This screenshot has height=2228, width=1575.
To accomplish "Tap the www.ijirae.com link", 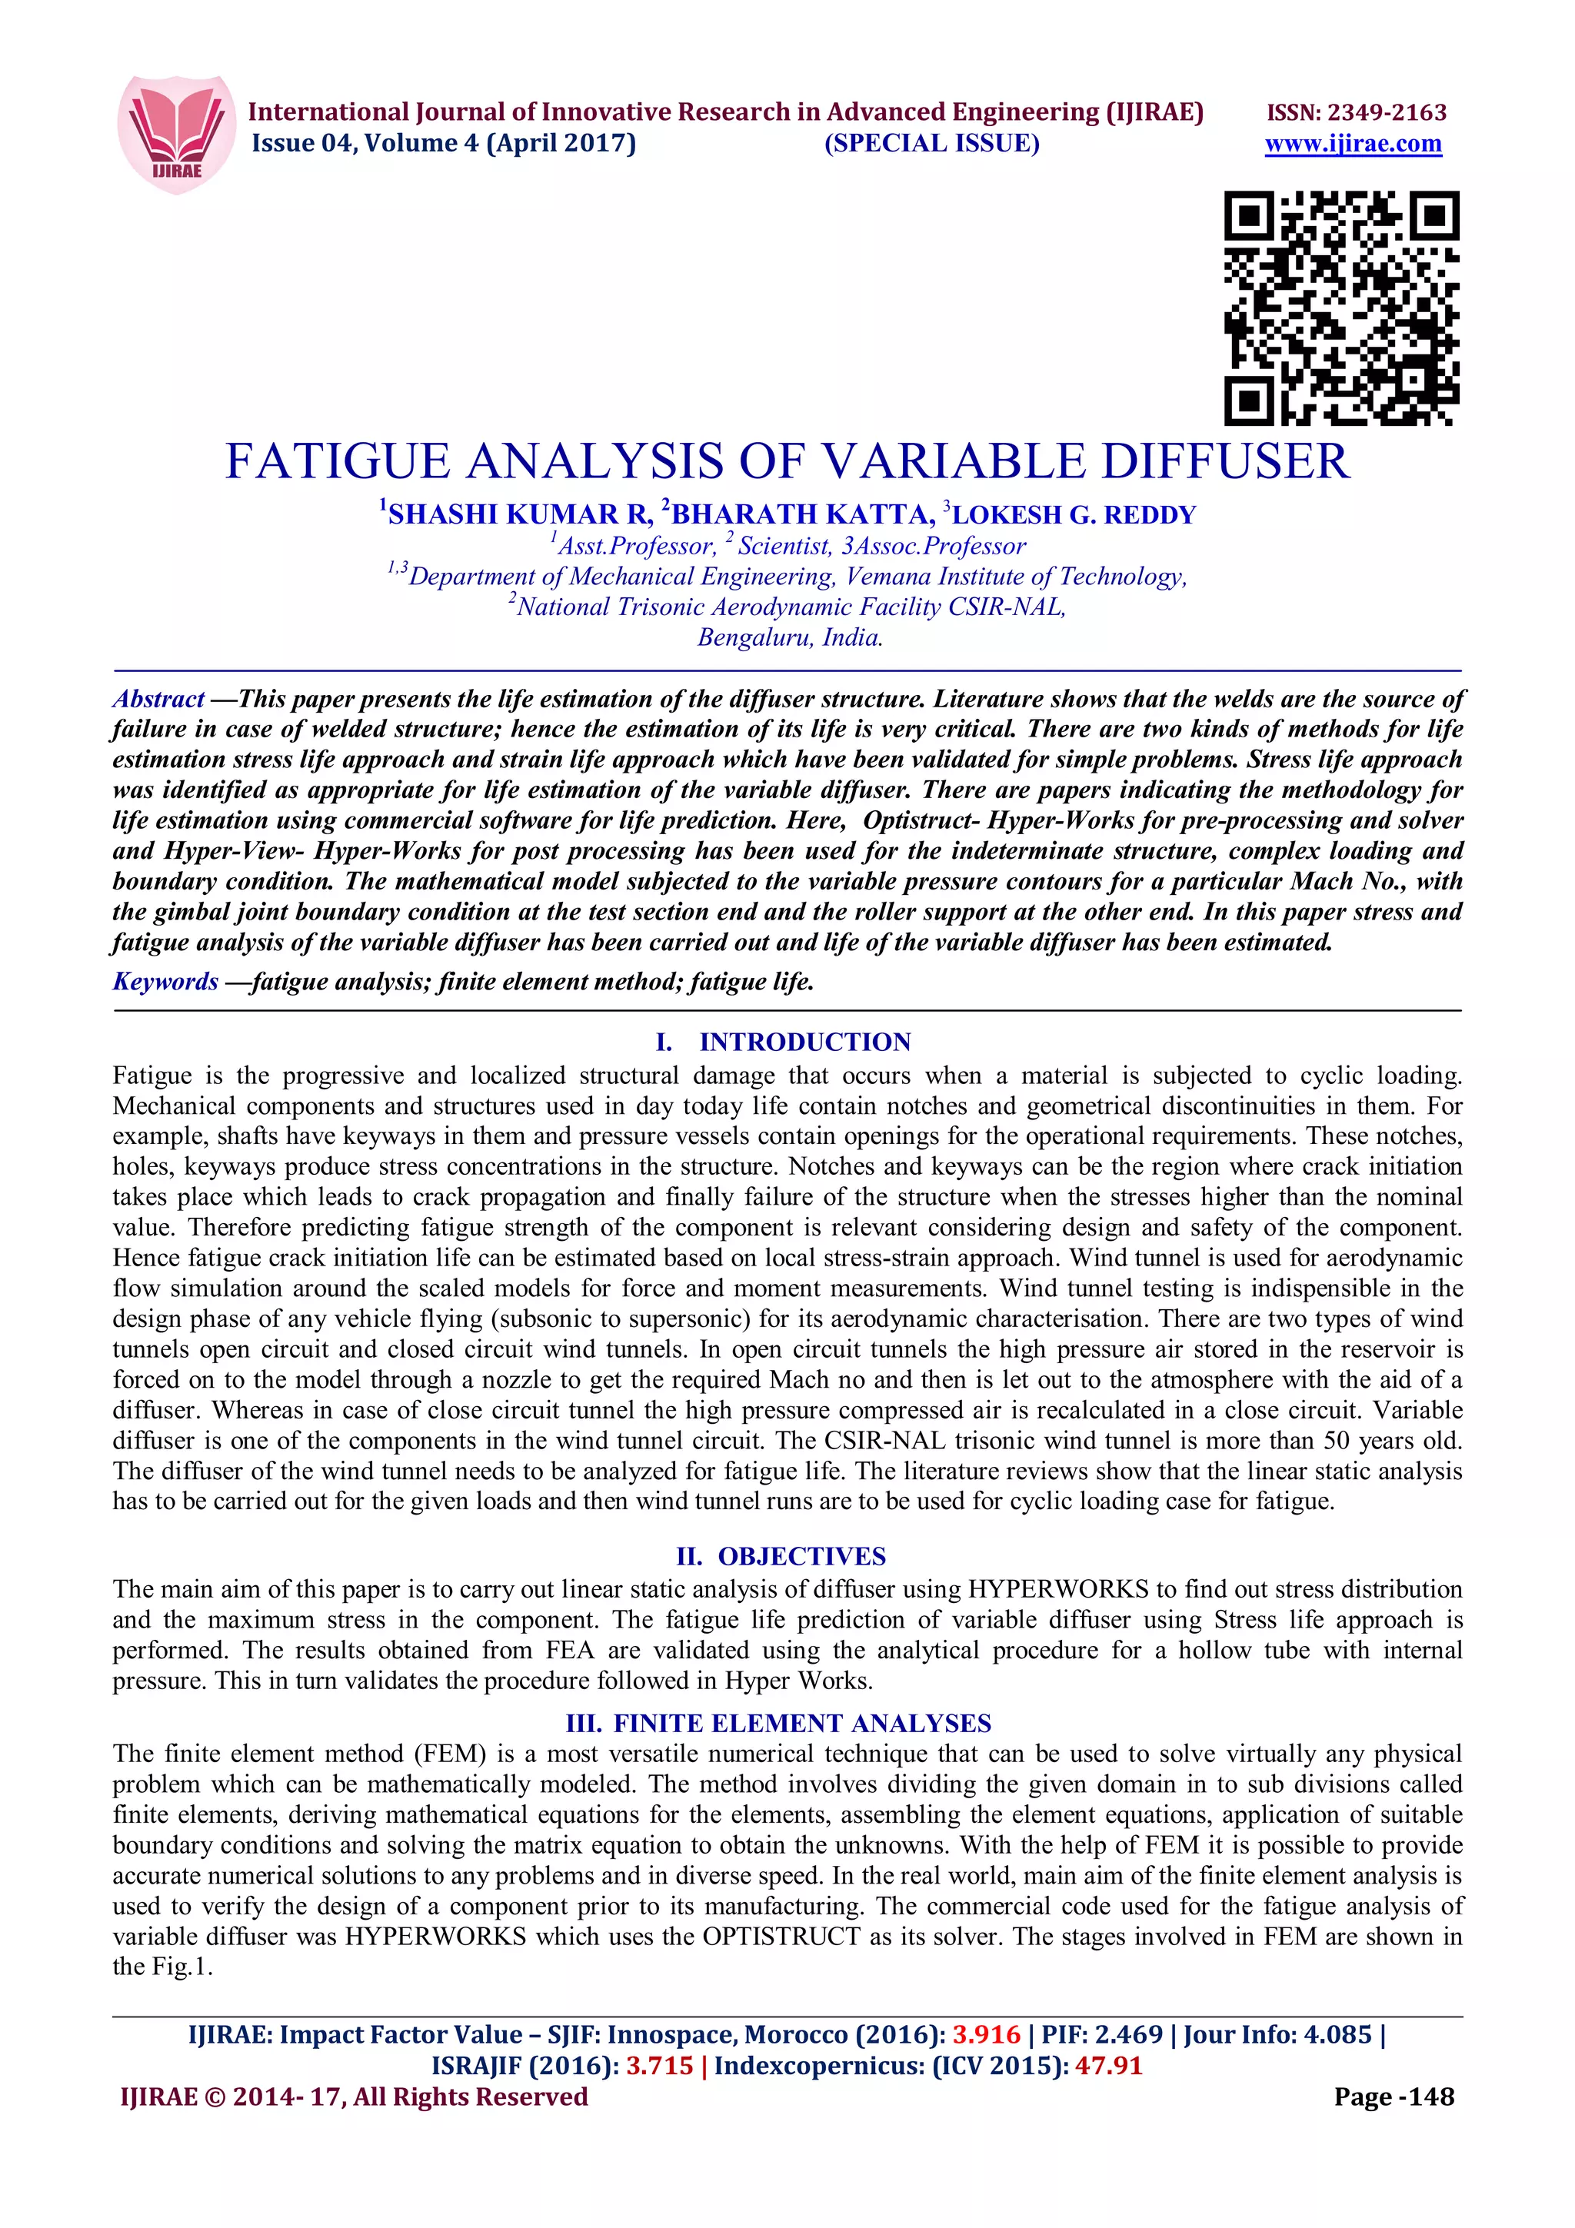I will coord(1353,145).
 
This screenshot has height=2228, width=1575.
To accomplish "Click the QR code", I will coord(1341,308).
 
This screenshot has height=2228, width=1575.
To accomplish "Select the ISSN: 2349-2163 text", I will coord(1356,112).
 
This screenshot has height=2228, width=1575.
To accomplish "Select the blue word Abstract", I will coord(158,699).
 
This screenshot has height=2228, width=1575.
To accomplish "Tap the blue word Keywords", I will coord(165,981).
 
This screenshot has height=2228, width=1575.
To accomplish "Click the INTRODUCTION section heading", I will coord(804,1043).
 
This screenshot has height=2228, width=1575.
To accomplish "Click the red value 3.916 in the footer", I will coord(986,2035).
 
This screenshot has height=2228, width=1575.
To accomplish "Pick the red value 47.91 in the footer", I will coord(1108,2066).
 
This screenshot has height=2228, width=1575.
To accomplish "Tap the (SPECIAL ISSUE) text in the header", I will coord(931,144).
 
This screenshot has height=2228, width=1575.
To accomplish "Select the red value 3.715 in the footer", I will coord(659,2066).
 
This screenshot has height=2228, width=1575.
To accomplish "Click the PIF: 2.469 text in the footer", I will coord(1101,2035).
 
